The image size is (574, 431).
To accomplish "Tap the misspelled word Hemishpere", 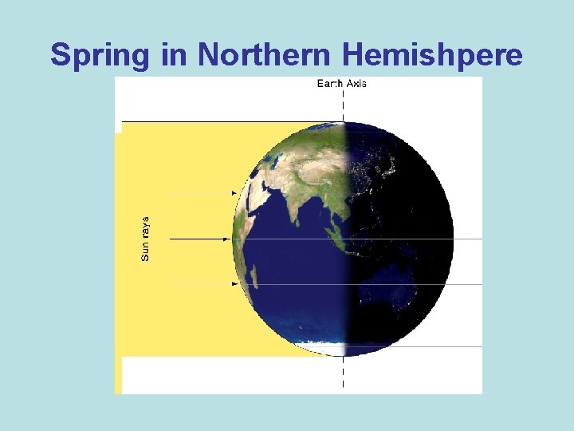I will point(435,54).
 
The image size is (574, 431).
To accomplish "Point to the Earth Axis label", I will point(342,83).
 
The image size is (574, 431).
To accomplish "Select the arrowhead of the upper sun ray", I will point(234,193).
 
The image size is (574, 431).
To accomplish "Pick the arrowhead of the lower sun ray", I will point(234,283).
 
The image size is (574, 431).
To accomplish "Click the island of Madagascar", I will point(254,276).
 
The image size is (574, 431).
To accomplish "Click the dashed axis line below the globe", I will point(344,374).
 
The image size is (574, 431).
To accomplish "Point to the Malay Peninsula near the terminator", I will point(339,231).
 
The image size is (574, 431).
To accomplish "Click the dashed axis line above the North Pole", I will point(344,104).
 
